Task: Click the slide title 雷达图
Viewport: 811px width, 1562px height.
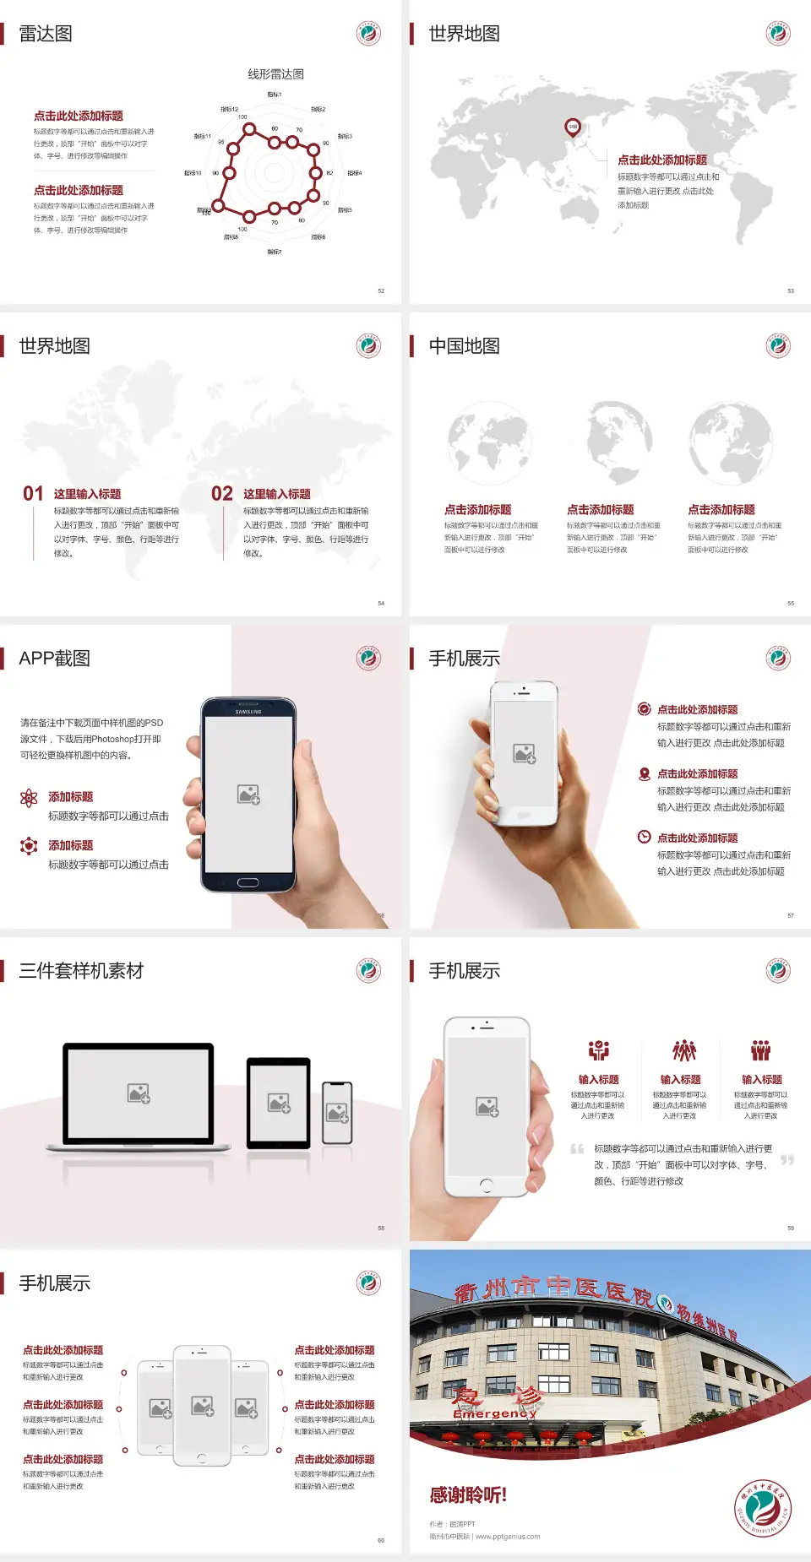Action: coord(46,34)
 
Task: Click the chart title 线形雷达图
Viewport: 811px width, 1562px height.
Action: coord(275,74)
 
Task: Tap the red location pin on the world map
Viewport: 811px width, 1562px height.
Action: coord(572,127)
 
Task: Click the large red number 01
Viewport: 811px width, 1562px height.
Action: coord(33,494)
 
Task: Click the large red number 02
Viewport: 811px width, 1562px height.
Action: coord(222,494)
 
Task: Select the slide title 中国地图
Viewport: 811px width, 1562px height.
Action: coord(464,346)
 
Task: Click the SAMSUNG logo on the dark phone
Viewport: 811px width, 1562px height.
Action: coord(248,712)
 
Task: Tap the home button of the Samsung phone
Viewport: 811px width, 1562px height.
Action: coord(248,882)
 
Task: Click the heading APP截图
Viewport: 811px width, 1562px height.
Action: coord(55,659)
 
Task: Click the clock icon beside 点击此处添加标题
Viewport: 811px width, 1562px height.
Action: coord(644,837)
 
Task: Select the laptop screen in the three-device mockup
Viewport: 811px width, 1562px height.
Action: coord(139,1093)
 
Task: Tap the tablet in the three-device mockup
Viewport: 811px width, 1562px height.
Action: coord(279,1102)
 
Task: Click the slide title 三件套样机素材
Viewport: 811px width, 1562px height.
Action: coord(81,971)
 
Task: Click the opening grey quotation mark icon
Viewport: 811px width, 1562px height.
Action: coord(577,1149)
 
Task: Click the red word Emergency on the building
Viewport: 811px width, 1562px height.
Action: coord(494,1413)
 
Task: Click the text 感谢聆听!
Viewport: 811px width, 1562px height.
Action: coord(468,1495)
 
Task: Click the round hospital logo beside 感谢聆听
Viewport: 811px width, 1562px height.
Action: coord(762,1508)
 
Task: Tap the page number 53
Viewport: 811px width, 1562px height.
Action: coord(791,290)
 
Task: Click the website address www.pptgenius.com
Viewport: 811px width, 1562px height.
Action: coord(508,1537)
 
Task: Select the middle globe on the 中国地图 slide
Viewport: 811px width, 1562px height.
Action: coord(619,441)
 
